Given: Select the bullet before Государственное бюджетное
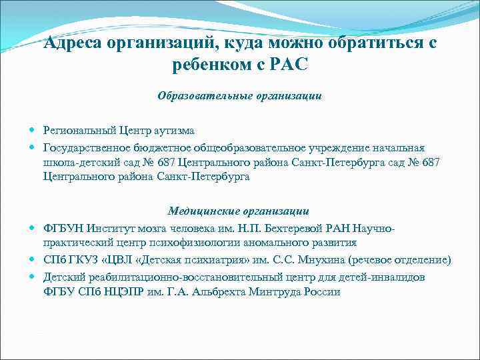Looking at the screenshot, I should coord(34,148).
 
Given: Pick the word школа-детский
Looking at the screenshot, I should coord(76,163).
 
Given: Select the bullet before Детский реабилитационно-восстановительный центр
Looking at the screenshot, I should coord(34,276).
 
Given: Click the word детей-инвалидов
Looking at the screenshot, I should coord(379,276).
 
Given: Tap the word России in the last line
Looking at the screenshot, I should coord(320,291).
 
